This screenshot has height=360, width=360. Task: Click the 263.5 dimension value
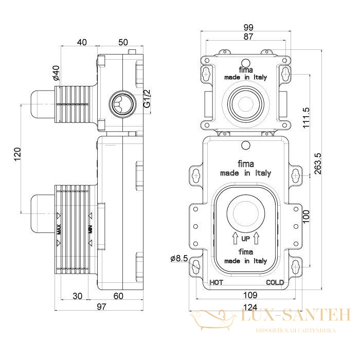point(318,164)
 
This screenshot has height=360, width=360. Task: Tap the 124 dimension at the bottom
point(250,307)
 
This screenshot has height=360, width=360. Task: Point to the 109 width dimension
point(250,295)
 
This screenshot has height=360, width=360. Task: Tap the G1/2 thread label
point(147,98)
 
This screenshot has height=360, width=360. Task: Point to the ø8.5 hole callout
point(178,259)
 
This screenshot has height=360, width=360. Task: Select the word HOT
point(217,282)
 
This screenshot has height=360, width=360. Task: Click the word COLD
point(275,282)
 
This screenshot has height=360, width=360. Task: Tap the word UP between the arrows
point(245,239)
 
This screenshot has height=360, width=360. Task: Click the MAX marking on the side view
point(59,228)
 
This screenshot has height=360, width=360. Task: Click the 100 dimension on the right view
point(306,220)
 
